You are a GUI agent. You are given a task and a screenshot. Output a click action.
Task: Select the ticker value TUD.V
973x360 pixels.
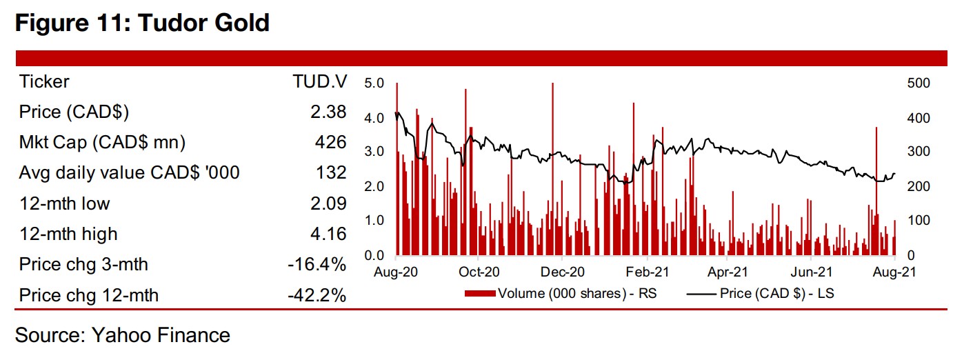click(319, 81)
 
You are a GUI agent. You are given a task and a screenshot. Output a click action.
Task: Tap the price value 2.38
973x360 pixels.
click(328, 112)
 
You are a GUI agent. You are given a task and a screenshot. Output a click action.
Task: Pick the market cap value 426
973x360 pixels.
click(331, 142)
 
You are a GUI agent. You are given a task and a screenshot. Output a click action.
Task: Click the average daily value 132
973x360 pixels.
click(331, 172)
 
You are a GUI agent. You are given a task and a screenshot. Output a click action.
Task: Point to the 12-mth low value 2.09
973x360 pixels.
click(328, 203)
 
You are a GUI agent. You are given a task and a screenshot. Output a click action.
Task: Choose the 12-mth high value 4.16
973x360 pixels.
click(328, 234)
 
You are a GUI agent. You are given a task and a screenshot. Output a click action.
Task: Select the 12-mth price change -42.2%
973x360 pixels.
click(318, 295)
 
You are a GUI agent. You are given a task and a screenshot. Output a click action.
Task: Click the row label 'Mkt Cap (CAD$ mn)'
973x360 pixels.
click(103, 142)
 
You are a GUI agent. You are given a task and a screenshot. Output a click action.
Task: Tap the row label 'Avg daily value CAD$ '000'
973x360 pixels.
click(130, 172)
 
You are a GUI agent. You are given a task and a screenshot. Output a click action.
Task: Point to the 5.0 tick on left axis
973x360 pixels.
click(372, 83)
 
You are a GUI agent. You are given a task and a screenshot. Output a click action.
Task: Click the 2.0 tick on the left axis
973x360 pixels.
click(372, 186)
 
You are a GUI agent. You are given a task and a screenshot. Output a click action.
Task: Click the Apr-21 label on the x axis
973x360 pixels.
click(728, 272)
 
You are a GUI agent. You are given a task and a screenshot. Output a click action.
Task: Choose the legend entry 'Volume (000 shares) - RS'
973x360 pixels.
click(576, 294)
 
